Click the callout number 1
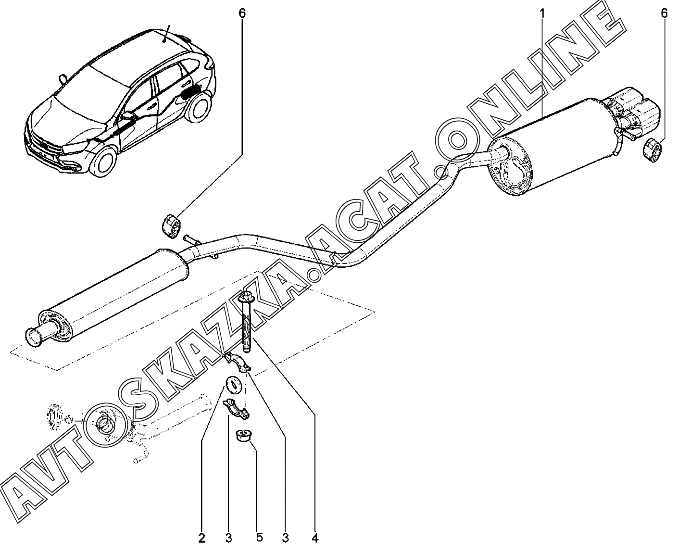(542, 13)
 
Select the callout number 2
(201, 538)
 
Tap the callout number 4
(315, 538)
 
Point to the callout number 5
(260, 538)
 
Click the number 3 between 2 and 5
(228, 538)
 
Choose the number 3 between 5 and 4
(285, 538)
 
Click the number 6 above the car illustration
(242, 13)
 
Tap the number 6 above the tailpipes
(664, 13)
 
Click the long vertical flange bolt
(246, 322)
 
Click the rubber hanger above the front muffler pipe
(171, 226)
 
